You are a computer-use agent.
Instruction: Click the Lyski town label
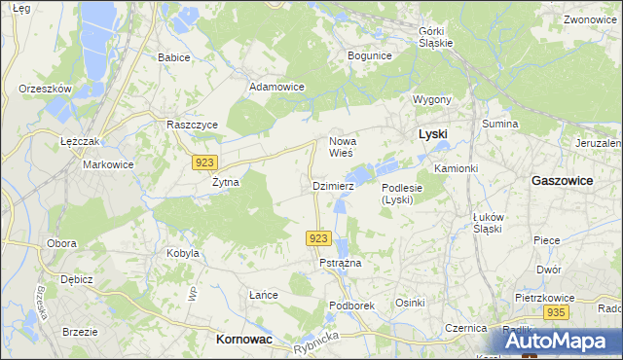tap(432, 133)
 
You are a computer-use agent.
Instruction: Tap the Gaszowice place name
tap(565, 181)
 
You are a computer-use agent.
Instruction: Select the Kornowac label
tap(242, 340)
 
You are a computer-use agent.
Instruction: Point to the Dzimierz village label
tap(331, 185)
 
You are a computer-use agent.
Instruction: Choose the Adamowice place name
tap(277, 87)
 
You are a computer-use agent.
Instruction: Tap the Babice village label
tap(174, 57)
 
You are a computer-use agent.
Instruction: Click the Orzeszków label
tap(46, 89)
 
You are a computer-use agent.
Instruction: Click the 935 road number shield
tap(556, 312)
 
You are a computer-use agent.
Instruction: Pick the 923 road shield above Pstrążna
tap(319, 237)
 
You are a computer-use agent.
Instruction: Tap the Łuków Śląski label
tap(487, 222)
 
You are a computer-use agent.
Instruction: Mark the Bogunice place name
tap(369, 55)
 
